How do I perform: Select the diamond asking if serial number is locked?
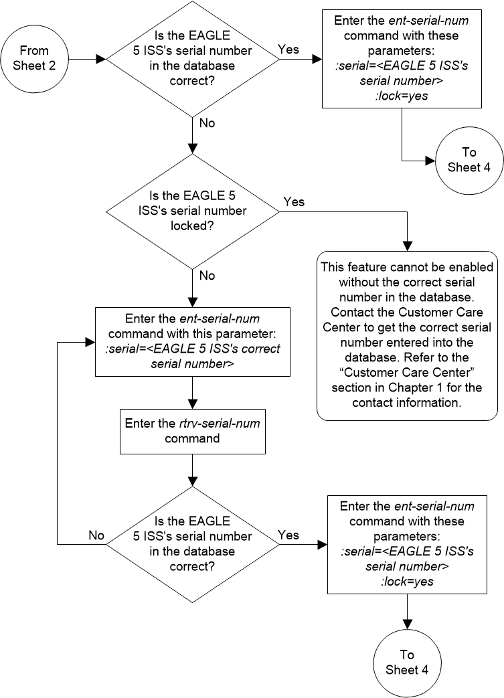click(x=193, y=211)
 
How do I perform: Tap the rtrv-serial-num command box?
click(x=193, y=430)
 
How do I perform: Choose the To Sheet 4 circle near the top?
click(x=468, y=159)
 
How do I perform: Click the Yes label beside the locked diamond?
click(x=294, y=201)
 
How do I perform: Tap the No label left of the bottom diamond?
click(x=96, y=535)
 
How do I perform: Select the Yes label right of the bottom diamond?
click(x=288, y=535)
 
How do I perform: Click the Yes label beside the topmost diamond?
click(x=288, y=49)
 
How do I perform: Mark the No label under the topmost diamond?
click(x=207, y=122)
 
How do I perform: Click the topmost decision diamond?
click(x=193, y=59)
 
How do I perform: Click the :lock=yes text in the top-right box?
click(x=402, y=95)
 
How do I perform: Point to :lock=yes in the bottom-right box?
click(x=406, y=582)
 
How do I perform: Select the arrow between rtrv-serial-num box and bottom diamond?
click(x=193, y=470)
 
